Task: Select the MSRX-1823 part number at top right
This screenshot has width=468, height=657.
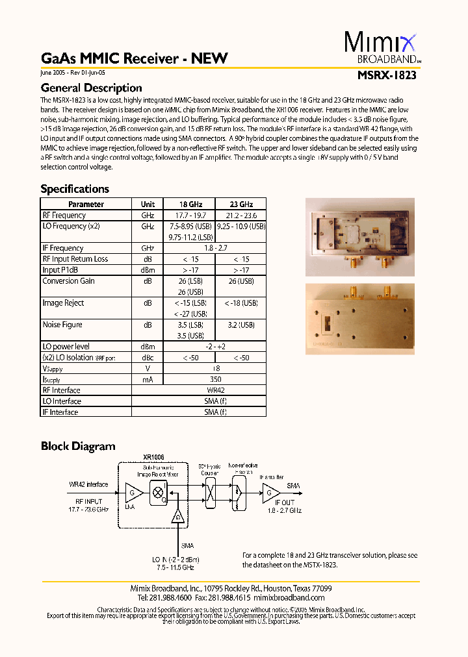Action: [x=387, y=75]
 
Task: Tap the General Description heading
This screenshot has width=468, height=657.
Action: [x=91, y=88]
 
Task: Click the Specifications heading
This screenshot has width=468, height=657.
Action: [x=75, y=189]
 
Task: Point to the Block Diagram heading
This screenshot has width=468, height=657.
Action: [x=78, y=446]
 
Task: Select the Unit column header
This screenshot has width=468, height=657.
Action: [x=148, y=204]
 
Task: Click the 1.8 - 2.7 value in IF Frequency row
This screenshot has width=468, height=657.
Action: [x=214, y=248]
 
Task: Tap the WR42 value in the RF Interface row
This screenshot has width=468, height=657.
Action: [x=214, y=390]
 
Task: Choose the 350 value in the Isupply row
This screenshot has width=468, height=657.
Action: [x=214, y=379]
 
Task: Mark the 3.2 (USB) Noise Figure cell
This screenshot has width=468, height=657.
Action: [x=240, y=325]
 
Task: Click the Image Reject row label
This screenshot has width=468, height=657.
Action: [x=63, y=303]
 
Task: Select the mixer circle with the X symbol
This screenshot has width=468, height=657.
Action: [x=157, y=492]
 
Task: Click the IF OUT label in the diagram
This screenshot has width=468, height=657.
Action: [x=284, y=503]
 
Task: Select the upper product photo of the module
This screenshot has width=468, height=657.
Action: [x=359, y=234]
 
